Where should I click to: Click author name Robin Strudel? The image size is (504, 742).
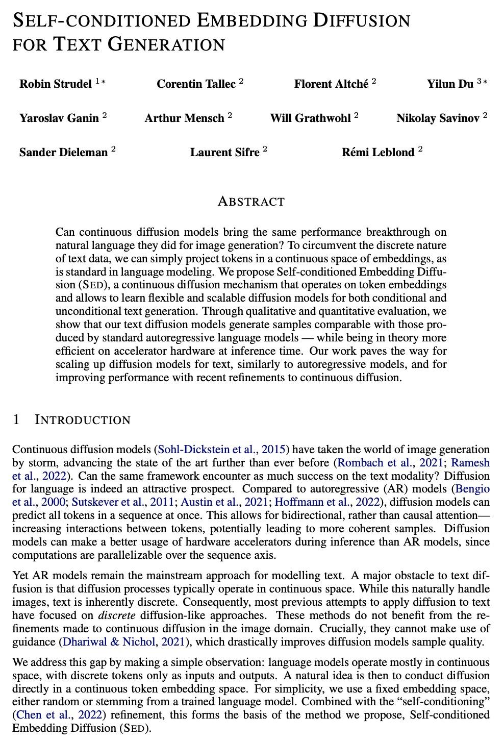point(56,84)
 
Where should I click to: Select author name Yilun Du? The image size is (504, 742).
point(450,84)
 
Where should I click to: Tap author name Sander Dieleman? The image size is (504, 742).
point(63,152)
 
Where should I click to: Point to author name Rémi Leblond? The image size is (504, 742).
point(378,152)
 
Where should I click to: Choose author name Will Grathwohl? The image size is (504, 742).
point(310,118)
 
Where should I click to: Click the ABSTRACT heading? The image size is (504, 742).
point(251,202)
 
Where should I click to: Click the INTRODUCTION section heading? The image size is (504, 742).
point(83,420)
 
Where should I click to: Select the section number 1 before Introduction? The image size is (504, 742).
point(16,420)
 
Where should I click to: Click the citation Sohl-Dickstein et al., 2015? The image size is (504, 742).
point(222,450)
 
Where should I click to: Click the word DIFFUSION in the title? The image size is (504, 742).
point(362,20)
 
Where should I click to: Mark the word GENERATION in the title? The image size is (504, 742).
point(166,44)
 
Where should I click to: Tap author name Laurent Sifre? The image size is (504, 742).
point(225,152)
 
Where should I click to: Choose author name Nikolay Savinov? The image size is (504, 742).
point(438,118)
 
